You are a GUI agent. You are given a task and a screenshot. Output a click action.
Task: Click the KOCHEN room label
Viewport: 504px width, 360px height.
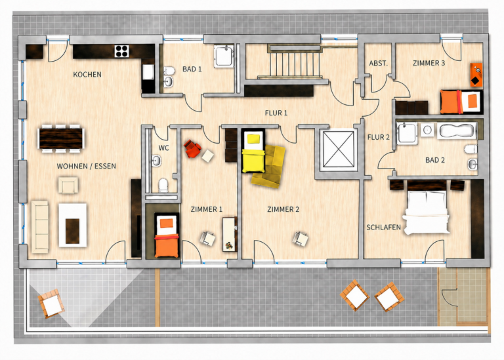87,75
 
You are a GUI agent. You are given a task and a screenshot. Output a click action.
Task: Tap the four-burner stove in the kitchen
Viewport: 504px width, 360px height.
122,51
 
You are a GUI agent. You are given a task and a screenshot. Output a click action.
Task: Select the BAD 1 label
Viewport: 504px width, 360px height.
192,69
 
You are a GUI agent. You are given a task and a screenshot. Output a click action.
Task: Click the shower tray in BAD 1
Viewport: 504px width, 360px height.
224,56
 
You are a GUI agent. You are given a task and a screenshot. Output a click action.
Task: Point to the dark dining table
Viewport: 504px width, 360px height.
61,138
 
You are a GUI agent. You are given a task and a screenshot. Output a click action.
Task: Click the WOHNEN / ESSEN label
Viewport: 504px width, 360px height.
86,166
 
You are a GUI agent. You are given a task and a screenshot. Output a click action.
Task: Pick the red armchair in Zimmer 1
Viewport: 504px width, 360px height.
192,149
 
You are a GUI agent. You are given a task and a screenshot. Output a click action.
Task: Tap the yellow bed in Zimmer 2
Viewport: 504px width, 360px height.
253,151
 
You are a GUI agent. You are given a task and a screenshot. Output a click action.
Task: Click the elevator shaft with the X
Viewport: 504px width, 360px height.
338,149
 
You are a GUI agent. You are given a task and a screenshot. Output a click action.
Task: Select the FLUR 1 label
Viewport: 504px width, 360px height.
276,113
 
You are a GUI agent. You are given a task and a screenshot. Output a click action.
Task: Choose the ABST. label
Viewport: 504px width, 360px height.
378,63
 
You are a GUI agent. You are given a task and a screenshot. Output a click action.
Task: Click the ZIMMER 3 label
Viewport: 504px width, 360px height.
429,63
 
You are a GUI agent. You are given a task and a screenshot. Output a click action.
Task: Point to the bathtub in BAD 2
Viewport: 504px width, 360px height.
457,130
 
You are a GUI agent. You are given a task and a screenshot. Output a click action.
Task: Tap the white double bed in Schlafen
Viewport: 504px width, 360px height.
427,212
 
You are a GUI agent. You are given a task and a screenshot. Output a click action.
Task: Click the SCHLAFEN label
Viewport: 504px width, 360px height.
383,228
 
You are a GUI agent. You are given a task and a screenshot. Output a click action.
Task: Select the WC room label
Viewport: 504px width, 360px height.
163,148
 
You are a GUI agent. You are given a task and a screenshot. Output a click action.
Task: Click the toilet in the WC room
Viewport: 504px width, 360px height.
163,186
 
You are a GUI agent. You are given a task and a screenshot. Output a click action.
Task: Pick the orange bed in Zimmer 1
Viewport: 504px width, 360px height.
167,235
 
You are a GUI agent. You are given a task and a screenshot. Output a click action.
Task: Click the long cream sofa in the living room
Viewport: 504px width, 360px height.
40,226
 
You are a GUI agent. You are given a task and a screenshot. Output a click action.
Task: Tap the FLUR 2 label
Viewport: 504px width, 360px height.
378,137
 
